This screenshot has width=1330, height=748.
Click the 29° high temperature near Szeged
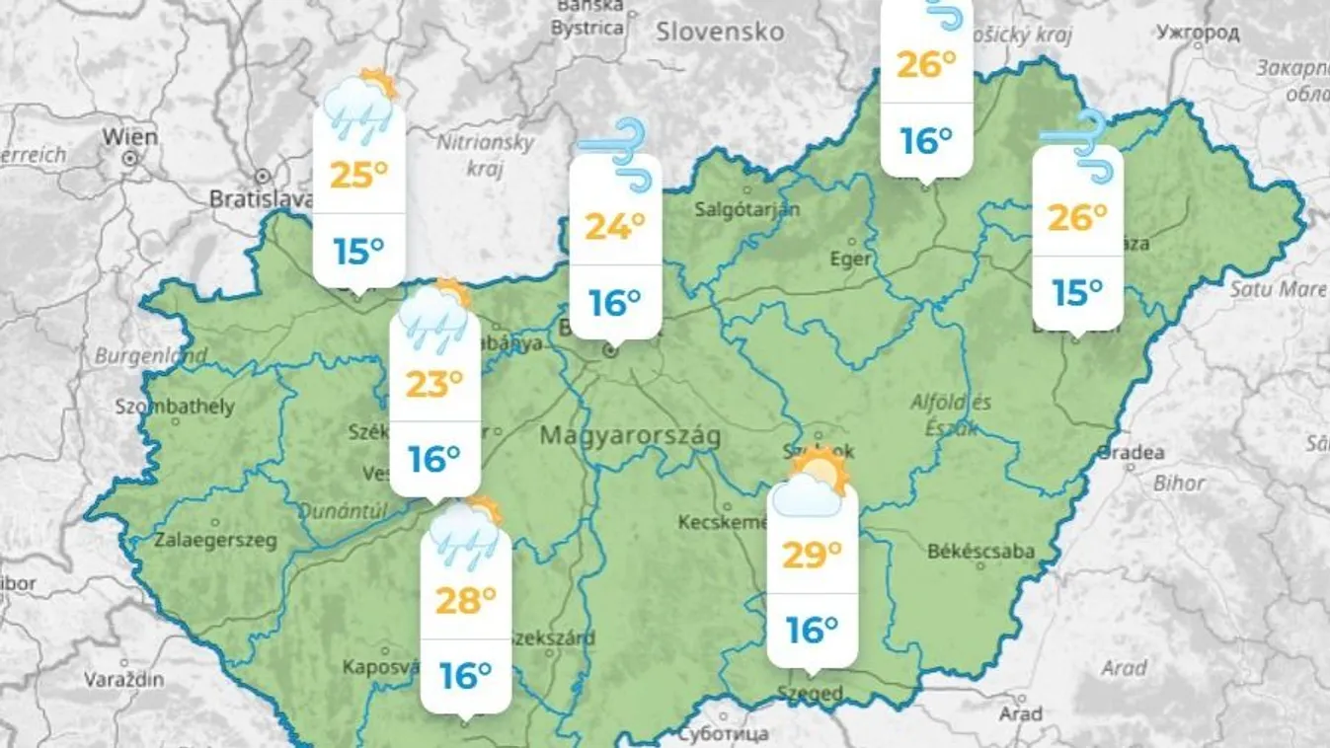(x=812, y=555)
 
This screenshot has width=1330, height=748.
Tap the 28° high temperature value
(x=465, y=600)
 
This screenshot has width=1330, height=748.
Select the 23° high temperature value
(x=434, y=383)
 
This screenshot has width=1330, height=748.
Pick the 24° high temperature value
(x=614, y=227)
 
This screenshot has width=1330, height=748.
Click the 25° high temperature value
(x=358, y=176)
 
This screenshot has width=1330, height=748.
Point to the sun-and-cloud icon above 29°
(x=811, y=484)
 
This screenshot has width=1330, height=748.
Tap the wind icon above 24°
(x=616, y=152)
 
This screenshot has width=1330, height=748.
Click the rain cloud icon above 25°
(x=360, y=105)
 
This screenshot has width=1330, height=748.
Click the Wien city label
(x=129, y=137)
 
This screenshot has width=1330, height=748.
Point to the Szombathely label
(x=175, y=407)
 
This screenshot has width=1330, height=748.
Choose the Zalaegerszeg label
(x=215, y=540)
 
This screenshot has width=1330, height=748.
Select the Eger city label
(x=850, y=259)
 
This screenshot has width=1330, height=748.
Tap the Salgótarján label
(x=746, y=208)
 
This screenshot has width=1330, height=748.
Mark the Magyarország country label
(x=630, y=435)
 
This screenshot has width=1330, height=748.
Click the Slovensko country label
(x=720, y=32)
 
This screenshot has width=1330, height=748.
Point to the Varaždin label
(x=123, y=680)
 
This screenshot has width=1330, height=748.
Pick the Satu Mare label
(x=1277, y=289)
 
